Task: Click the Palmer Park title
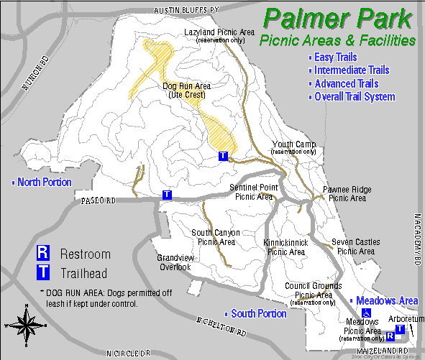point(339,18)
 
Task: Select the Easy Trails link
point(334,57)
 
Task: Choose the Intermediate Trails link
point(351,70)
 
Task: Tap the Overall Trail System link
point(354,97)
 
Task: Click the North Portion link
point(44,182)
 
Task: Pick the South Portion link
point(258,314)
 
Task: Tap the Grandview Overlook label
point(174,262)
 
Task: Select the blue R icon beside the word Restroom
point(44,253)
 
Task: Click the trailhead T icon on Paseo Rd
point(167,194)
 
